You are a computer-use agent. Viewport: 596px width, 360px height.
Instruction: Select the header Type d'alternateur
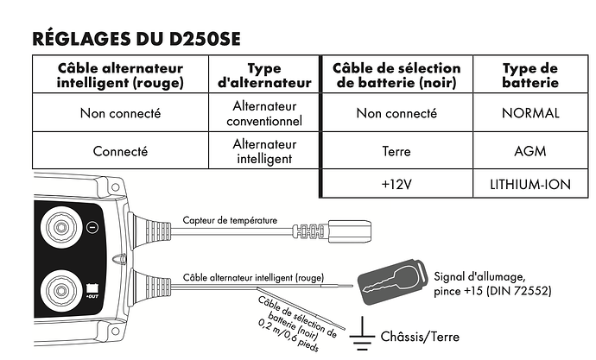coord(264,76)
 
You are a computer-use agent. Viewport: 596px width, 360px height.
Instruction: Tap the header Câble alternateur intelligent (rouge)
coord(120,76)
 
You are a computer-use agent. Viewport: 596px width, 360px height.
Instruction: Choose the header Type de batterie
coord(530,76)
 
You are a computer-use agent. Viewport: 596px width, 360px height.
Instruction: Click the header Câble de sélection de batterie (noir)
coord(396,76)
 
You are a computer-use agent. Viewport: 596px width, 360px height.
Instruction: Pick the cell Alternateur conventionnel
coord(264,113)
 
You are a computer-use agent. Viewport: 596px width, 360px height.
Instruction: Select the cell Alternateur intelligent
coord(264,151)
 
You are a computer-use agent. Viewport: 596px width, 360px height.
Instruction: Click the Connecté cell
coord(120,151)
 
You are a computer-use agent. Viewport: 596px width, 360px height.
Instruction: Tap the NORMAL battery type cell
coord(530,113)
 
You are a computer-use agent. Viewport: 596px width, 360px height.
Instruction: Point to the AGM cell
coord(530,151)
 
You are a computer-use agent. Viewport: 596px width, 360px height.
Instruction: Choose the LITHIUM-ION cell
coord(530,185)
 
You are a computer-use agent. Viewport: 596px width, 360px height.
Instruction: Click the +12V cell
coord(396,185)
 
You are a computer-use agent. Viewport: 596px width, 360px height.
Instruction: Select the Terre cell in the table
coord(396,151)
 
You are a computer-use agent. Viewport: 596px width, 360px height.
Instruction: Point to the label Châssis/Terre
coord(420,337)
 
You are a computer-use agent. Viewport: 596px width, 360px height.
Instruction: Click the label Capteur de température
coord(230,221)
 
